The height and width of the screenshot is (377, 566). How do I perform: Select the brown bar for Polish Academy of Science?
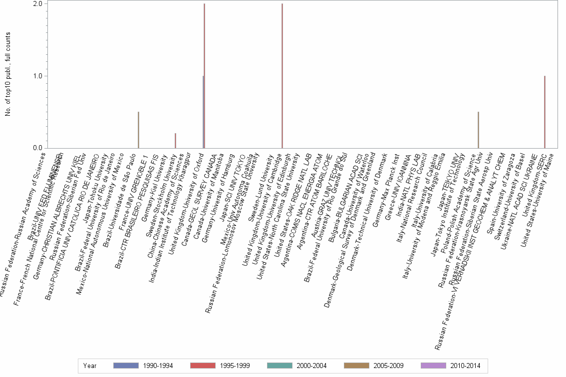click(478, 130)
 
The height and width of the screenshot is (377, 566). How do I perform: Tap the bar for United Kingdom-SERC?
click(545, 112)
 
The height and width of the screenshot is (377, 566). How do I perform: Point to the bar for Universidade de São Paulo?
click(138, 130)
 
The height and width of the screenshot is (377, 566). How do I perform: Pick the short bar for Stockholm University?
click(175, 141)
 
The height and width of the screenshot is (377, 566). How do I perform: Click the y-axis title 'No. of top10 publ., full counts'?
click(8, 75)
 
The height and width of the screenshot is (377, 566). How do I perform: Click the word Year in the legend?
click(90, 366)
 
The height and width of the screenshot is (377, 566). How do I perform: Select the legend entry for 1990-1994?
click(144, 366)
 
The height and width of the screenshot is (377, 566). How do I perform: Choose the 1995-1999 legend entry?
click(221, 366)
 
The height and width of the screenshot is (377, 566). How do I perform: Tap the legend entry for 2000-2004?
click(297, 366)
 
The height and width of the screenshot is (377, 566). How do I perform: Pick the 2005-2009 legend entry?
click(374, 366)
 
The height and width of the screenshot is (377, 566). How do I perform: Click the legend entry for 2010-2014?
click(451, 366)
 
